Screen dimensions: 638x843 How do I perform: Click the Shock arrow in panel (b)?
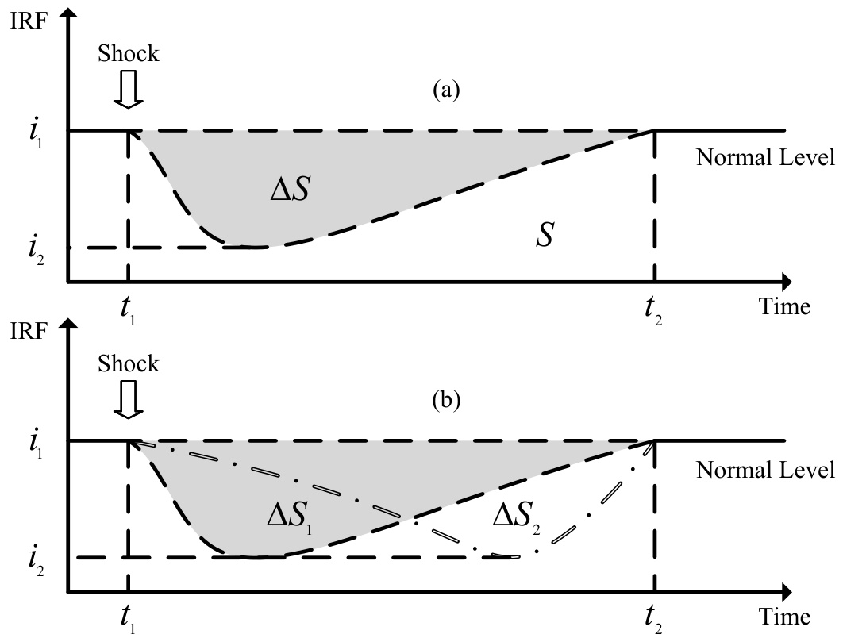pyautogui.click(x=128, y=402)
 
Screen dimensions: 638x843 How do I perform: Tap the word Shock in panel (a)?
pyautogui.click(x=129, y=54)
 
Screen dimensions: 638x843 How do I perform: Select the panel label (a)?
pyautogui.click(x=445, y=90)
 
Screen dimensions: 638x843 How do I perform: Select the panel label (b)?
pyautogui.click(x=445, y=399)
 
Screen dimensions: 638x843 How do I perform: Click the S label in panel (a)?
pyautogui.click(x=544, y=236)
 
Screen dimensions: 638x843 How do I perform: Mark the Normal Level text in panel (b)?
pyautogui.click(x=766, y=470)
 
